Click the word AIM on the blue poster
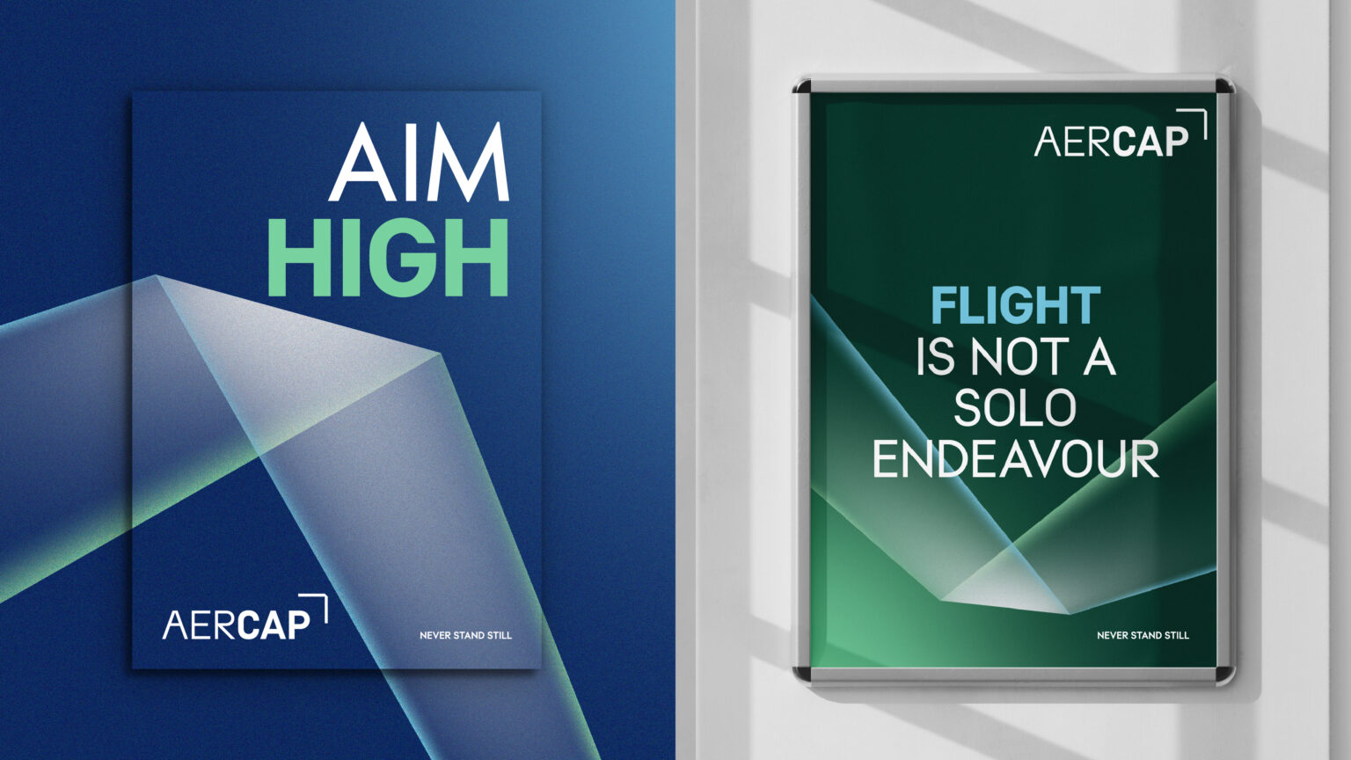tap(420, 164)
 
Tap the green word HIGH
tap(388, 258)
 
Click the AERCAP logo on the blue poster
tap(237, 623)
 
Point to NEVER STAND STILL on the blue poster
tap(465, 635)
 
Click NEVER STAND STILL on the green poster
tap(1143, 635)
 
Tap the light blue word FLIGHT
tap(1015, 306)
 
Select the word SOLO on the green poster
tap(1015, 408)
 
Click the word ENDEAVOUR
tap(1015, 459)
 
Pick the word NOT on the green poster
tap(1018, 357)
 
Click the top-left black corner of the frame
tap(801, 86)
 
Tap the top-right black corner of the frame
tap(1224, 86)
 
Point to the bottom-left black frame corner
tap(801, 674)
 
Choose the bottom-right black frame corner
tap(1224, 674)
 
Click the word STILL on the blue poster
tap(500, 635)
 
